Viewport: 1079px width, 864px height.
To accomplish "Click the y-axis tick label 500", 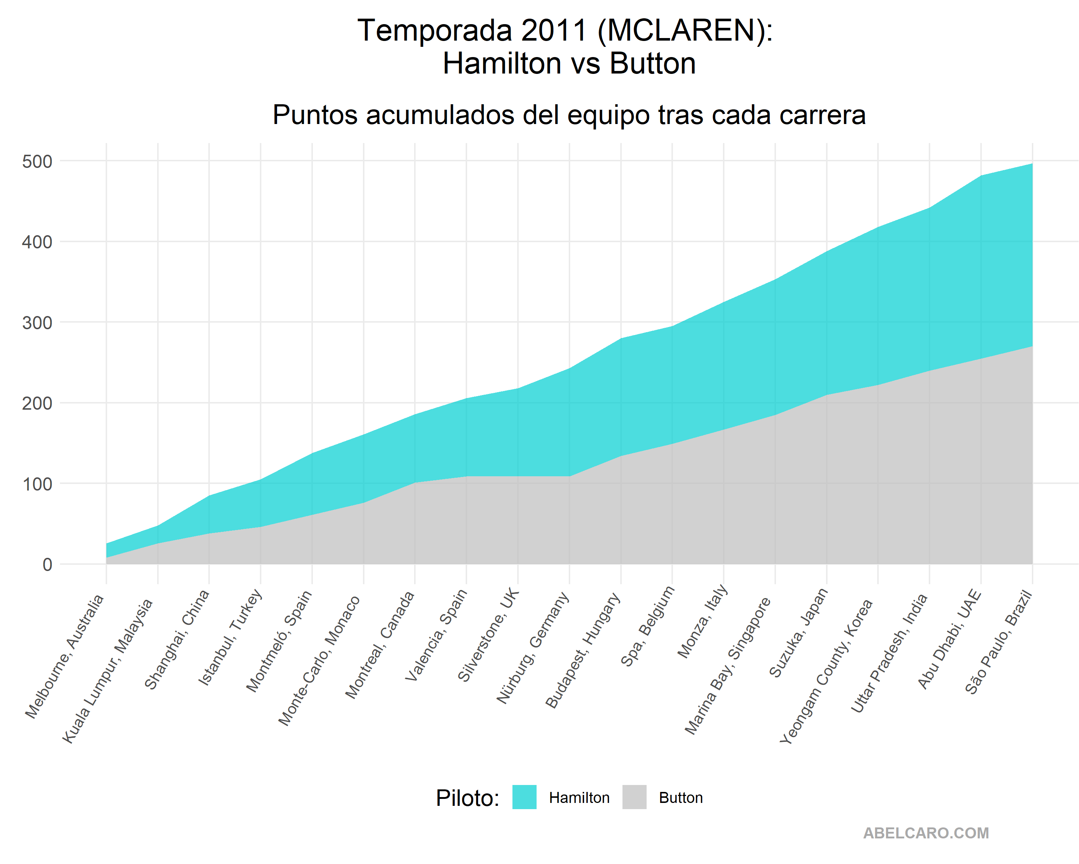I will coord(37,162).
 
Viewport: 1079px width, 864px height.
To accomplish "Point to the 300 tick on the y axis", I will coord(37,323).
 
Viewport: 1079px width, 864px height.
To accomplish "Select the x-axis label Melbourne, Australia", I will coord(65,656).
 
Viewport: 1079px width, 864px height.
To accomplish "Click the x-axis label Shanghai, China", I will coord(177,640).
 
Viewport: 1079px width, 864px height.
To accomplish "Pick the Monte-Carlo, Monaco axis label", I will coord(319,661).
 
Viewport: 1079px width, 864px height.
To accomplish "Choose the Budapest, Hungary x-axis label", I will coord(583,650).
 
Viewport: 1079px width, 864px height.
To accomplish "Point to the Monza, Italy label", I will coord(702,621).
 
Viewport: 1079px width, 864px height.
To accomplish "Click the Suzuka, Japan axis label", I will coord(799,632).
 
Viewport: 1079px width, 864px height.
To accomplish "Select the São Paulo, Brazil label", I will coord(999,642).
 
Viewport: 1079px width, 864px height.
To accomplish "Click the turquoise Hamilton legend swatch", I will coord(524,797).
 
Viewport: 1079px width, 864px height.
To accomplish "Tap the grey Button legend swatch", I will coord(634,797).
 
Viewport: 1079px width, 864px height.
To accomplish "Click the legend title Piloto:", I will coord(467,798).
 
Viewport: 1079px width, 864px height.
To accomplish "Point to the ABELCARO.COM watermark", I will coord(926,833).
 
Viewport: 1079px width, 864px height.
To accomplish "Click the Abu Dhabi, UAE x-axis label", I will coord(949,639).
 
